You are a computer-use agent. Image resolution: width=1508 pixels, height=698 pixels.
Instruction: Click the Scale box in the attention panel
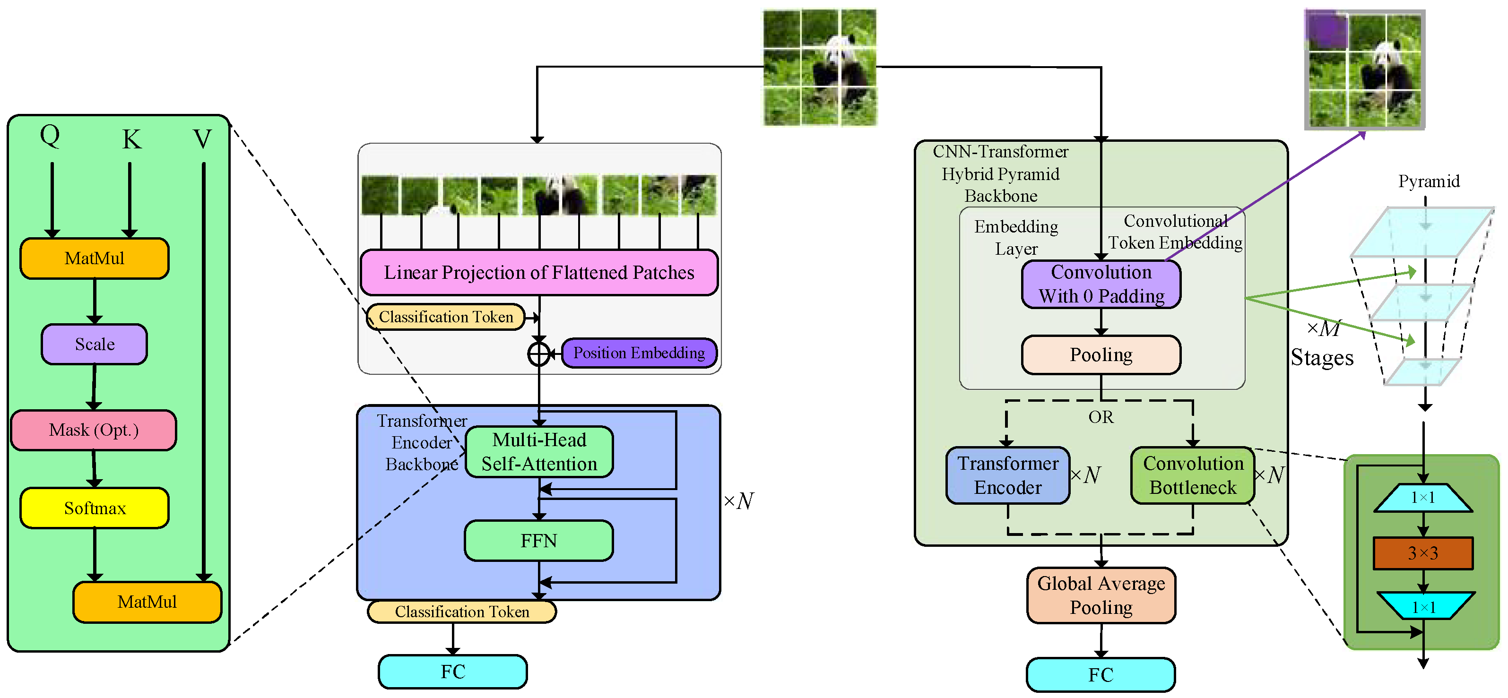[94, 344]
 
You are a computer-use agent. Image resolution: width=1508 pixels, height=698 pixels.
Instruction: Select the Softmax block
[94, 508]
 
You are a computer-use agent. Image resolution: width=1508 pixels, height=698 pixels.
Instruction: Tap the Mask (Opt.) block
[94, 430]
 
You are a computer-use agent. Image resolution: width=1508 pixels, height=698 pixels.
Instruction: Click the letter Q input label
[50, 136]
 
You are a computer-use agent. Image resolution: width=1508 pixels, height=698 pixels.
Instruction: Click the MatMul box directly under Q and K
[94, 258]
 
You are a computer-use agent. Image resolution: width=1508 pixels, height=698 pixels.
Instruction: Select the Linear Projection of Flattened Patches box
[538, 273]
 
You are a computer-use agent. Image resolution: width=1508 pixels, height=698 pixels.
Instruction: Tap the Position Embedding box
[639, 353]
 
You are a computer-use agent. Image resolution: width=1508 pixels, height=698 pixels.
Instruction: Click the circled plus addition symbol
[538, 353]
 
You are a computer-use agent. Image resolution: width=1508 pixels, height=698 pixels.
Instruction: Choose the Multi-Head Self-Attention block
[538, 452]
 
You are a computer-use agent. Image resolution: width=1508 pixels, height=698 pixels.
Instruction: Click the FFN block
[538, 541]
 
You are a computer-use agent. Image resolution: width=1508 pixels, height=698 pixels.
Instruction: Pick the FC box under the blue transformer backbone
[452, 672]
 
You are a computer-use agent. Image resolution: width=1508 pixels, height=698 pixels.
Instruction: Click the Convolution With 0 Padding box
[1101, 284]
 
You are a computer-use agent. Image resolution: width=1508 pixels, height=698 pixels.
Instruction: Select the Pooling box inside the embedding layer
[1101, 354]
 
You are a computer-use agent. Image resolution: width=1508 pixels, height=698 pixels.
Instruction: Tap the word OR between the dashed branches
[1101, 417]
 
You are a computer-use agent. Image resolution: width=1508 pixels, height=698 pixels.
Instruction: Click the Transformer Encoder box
[1007, 475]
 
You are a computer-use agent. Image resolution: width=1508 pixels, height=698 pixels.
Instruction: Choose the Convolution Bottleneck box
[1193, 475]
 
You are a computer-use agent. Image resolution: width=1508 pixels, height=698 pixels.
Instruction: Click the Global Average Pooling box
[1101, 595]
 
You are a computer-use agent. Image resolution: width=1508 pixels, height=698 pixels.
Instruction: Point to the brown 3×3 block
[1422, 553]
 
